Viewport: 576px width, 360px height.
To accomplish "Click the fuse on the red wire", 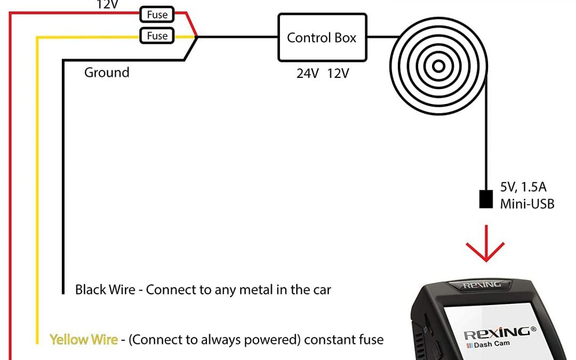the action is click(x=157, y=15).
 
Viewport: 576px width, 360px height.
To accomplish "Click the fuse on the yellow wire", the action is click(x=157, y=36).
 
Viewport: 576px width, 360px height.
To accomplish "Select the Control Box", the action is click(x=322, y=37).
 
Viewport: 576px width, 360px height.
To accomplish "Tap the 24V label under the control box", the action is click(x=308, y=74).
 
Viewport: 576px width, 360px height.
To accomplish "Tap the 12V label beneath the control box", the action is click(x=338, y=74).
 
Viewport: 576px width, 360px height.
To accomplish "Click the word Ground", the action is click(x=107, y=73).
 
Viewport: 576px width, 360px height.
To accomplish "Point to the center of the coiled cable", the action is click(x=438, y=67).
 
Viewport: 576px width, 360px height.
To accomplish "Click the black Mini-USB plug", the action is click(x=486, y=199).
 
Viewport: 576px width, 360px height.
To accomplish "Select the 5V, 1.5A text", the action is click(x=523, y=187).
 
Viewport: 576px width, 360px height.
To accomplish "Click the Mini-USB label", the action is click(x=527, y=204).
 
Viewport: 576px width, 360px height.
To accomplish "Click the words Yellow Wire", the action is click(x=84, y=339).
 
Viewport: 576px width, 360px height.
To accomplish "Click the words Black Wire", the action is click(x=105, y=290).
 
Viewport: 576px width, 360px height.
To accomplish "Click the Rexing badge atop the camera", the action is click(x=482, y=285).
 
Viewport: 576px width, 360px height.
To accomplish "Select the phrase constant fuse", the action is click(x=344, y=339).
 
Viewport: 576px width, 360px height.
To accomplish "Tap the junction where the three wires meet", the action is click(x=197, y=37).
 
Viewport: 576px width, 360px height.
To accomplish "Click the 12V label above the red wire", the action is click(x=107, y=5).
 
